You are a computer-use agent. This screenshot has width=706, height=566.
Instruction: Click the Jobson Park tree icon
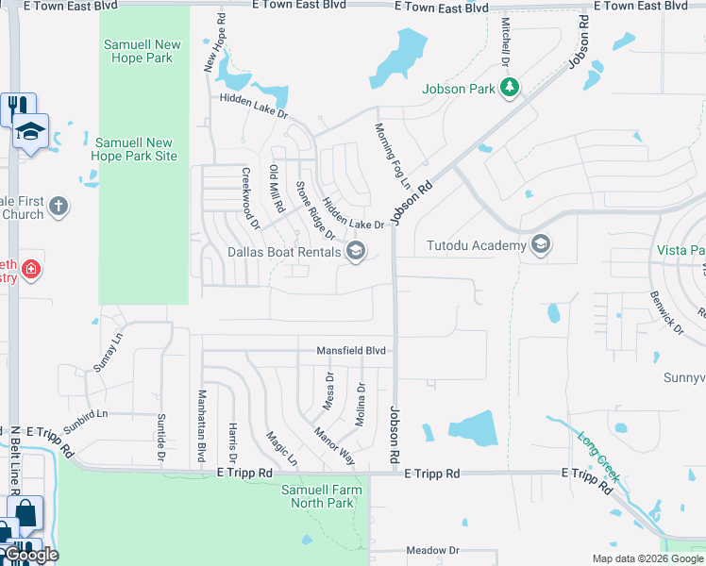[511, 89]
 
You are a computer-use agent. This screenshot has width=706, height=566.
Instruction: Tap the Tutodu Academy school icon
[541, 246]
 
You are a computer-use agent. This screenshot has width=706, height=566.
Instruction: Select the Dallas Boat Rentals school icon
[356, 251]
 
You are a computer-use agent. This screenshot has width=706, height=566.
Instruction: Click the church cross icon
[59, 207]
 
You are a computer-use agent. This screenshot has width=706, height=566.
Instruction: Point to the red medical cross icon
[31, 270]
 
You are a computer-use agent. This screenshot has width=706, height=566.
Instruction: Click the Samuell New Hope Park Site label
[136, 149]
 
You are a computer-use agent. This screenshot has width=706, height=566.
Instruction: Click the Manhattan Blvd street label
[201, 424]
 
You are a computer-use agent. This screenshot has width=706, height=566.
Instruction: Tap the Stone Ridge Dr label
[308, 209]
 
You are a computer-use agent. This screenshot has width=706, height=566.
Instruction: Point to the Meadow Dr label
[432, 550]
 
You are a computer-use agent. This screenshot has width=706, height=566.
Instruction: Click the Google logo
[30, 555]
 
